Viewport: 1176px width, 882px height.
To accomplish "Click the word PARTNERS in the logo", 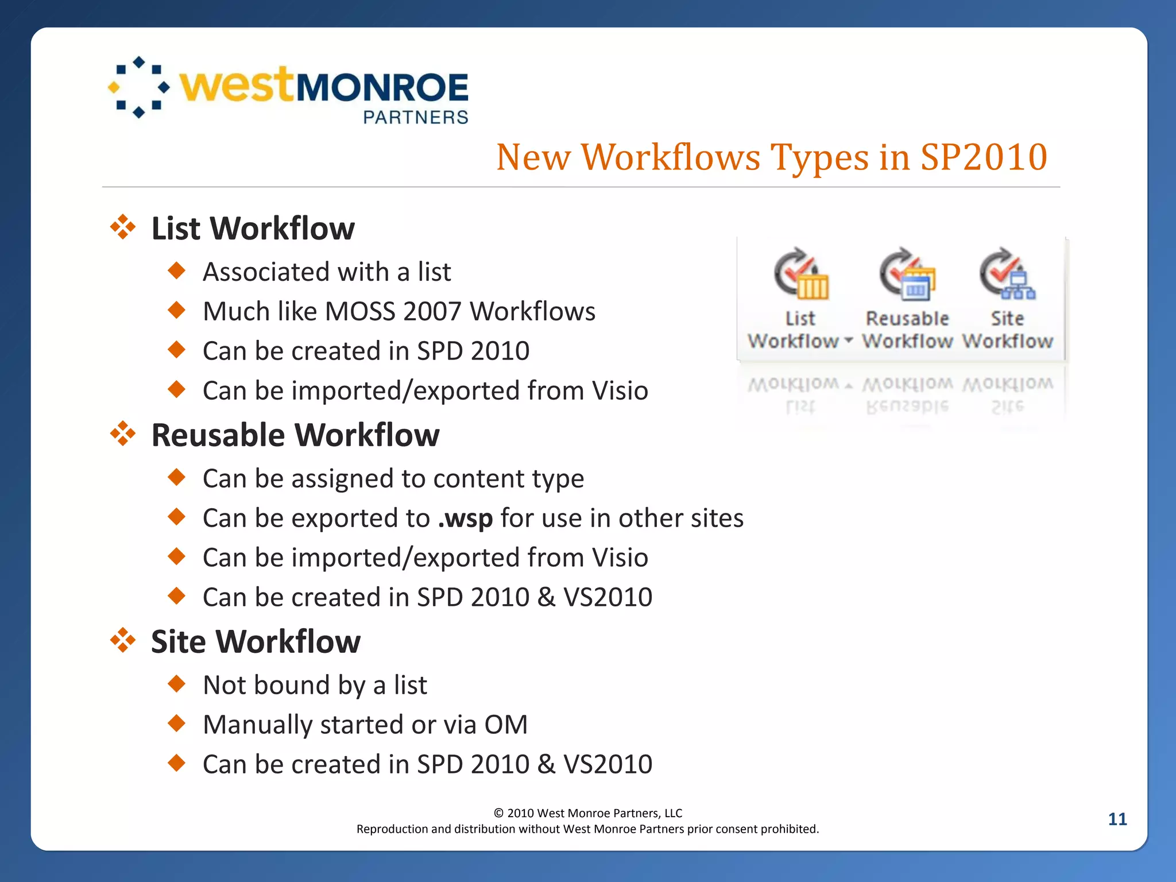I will (x=416, y=117).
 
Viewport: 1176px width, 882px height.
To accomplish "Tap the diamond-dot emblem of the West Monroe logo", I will (x=138, y=87).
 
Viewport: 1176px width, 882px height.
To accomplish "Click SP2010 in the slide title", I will (x=984, y=157).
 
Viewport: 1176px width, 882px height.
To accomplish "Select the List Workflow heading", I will (x=253, y=229).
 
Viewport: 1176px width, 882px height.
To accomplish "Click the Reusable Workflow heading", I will (x=295, y=435).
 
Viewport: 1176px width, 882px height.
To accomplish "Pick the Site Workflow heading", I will (x=256, y=641).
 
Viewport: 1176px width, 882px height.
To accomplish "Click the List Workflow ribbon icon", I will (x=800, y=274).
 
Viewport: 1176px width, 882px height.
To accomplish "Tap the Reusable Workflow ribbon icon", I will (x=907, y=274).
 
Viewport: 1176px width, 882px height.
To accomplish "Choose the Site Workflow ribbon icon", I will (x=1007, y=274).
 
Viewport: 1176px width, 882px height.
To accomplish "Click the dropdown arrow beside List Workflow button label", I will (x=848, y=341).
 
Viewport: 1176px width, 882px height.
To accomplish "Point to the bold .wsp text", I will (x=465, y=518).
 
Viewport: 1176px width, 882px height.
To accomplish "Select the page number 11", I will (x=1117, y=819).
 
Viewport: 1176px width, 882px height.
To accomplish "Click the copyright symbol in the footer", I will (x=498, y=813).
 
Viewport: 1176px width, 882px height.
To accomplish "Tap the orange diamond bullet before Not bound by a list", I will (x=177, y=683).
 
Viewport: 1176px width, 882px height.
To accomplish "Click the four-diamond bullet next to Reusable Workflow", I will (x=122, y=434).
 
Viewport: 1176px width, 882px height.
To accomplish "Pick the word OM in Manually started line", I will (x=505, y=725).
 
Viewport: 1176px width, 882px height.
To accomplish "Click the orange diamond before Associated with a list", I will (x=177, y=270).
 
